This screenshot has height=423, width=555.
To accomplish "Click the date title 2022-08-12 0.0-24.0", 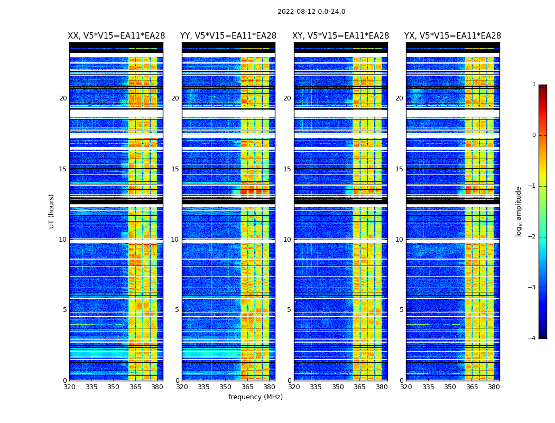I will point(311,12).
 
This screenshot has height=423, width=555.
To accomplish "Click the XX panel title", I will point(116,36).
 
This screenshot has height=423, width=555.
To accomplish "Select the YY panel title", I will point(228,36).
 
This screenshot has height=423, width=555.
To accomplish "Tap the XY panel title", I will point(341,36).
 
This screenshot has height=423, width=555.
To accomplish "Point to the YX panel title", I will point(452,36).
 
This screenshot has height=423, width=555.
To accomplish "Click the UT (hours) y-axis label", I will point(52,211).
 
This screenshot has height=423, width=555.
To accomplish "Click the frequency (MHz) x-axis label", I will point(255,397).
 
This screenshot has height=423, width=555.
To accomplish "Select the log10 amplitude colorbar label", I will point(519,211).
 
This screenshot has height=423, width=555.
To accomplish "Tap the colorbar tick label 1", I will point(533,85).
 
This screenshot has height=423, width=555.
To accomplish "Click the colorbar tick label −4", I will point(532,338).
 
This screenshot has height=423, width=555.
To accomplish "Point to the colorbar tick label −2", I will point(532,237).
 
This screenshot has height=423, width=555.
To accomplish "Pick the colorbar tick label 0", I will point(533,135).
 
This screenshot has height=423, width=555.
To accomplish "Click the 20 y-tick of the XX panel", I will point(63,98).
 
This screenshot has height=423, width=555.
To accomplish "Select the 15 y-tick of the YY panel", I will point(175,169).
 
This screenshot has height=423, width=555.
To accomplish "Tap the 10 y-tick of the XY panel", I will point(287,240).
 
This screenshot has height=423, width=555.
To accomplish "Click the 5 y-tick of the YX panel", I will point(401,310).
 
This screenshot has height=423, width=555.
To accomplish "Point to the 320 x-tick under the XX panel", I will point(70,387).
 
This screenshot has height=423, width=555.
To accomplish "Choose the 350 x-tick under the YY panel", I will point(226,387).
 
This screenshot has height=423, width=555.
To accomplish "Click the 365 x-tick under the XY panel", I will point(359,387).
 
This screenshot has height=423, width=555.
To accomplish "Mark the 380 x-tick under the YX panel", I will point(494,387).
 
